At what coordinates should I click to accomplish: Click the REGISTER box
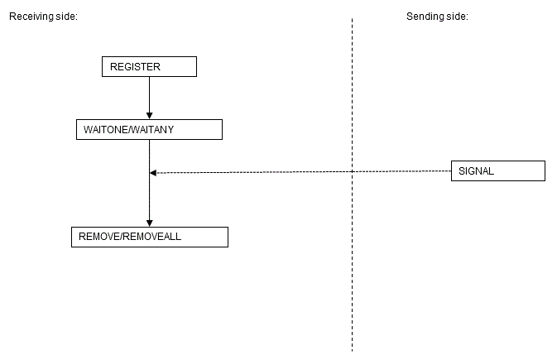pos(149,66)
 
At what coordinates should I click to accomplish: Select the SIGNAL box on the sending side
pos(497,170)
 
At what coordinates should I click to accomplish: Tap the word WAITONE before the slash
pos(104,130)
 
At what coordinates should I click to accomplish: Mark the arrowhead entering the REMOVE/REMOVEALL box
pos(149,222)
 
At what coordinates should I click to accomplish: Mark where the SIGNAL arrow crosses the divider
pos(352,171)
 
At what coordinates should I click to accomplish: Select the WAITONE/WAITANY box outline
pos(222,130)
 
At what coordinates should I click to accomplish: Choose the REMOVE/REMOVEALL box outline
pos(227,237)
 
